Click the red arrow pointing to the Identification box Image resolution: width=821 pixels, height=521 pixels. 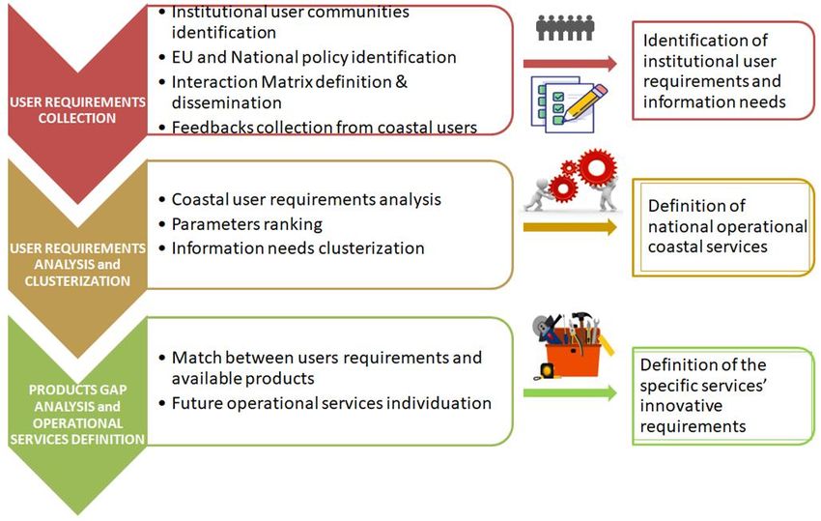[569, 65]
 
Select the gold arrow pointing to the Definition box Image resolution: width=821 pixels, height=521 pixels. [569, 228]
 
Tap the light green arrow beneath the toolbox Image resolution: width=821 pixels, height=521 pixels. [569, 393]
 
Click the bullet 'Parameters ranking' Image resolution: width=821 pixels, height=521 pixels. [246, 224]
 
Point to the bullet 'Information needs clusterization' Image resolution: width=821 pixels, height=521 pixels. [297, 248]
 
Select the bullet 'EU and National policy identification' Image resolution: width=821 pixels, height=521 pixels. [313, 57]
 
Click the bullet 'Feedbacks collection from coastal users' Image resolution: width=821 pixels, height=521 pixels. [324, 127]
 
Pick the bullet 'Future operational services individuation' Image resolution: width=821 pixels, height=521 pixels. [331, 402]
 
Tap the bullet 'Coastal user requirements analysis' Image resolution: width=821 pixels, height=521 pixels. [305, 200]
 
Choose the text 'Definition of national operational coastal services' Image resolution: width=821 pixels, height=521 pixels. [726, 226]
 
